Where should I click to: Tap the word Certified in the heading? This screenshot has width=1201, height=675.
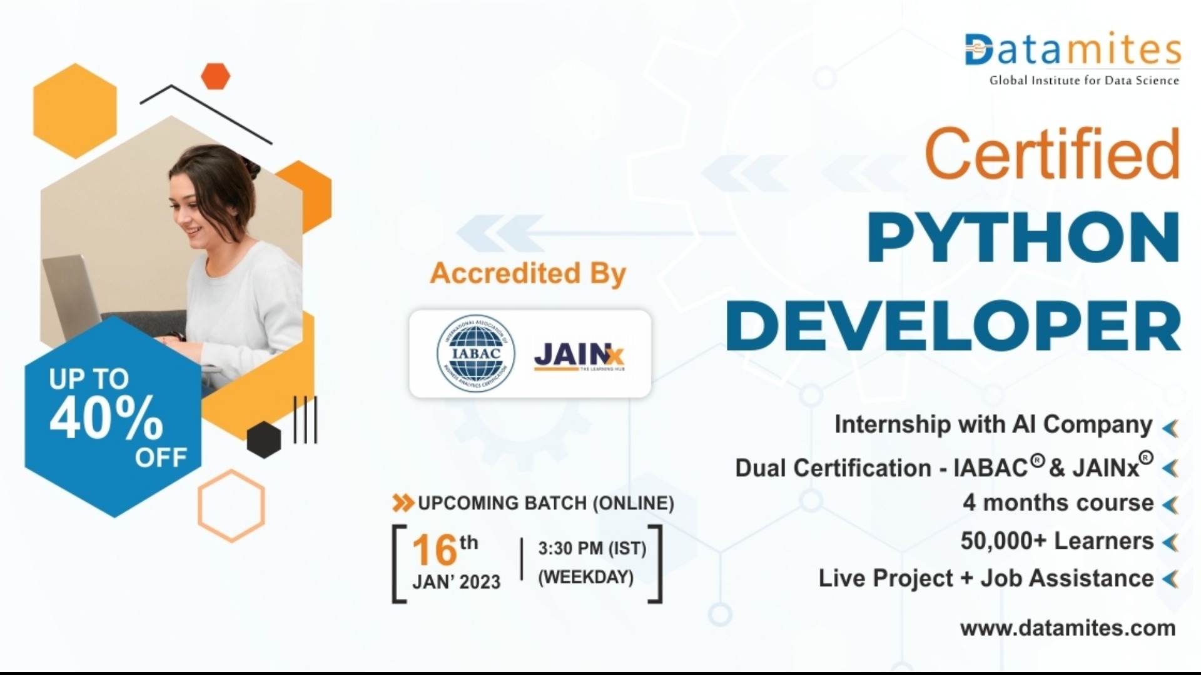click(1052, 154)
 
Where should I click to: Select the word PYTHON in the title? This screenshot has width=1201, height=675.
click(1023, 238)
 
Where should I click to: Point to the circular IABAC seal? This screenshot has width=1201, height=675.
click(475, 354)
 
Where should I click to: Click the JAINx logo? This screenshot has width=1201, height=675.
click(579, 356)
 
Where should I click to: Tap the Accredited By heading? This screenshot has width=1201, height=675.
click(527, 274)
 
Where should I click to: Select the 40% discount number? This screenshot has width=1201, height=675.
click(106, 417)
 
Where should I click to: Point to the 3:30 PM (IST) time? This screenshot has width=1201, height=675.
click(592, 549)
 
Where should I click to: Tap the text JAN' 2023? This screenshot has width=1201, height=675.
click(457, 582)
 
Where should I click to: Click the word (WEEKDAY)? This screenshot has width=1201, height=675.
click(586, 577)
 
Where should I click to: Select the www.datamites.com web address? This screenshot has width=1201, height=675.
click(1068, 627)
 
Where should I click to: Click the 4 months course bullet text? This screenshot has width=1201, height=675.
click(1058, 502)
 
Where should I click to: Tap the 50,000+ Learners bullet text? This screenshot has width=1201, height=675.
click(1057, 541)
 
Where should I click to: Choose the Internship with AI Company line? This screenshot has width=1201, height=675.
click(993, 424)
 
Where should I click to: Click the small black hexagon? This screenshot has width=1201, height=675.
click(263, 439)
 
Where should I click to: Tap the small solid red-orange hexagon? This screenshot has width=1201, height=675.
click(216, 76)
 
